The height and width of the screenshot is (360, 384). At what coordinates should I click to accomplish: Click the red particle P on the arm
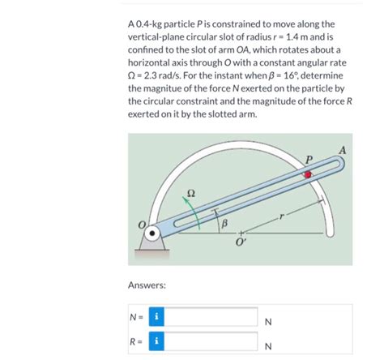tap(308, 174)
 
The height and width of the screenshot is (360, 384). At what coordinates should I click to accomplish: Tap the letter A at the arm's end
tap(343, 150)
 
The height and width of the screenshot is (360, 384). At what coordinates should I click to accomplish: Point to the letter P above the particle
tap(309, 159)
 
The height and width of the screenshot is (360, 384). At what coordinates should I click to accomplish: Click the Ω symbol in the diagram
tap(191, 193)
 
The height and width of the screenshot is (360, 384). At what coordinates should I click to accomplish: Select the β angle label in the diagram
tap(224, 224)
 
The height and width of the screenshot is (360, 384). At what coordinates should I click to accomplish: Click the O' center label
tap(240, 242)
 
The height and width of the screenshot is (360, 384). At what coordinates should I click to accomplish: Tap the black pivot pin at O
tap(152, 233)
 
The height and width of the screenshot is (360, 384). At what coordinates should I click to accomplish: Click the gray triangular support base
tap(152, 242)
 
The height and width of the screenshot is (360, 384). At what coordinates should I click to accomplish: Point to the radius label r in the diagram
tap(282, 216)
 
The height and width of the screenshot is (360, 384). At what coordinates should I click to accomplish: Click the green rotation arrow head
tap(186, 199)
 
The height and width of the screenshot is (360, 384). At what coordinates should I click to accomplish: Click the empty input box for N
tap(211, 316)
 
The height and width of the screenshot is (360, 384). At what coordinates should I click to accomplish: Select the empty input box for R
tap(211, 341)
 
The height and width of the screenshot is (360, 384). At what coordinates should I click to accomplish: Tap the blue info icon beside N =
tap(156, 316)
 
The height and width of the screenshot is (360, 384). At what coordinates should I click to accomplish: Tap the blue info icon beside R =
tap(156, 341)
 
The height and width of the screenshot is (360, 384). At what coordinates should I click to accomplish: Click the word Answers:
tap(147, 285)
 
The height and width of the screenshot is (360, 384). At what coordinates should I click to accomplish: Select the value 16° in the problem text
tap(290, 75)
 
